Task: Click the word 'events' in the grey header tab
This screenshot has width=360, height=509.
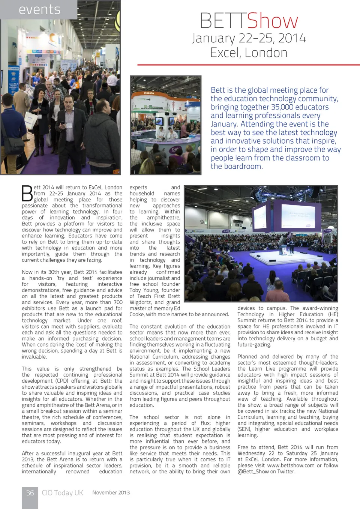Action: coord(39,9)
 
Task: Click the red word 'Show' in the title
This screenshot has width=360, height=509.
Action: coord(273,21)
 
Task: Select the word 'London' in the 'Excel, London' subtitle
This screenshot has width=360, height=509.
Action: coord(266,53)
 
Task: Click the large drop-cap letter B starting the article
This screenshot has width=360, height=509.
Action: coord(27,194)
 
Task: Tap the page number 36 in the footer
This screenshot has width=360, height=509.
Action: coord(30,493)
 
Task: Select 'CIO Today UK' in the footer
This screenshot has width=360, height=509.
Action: coord(62,493)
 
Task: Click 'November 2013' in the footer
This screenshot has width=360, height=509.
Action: coord(111,493)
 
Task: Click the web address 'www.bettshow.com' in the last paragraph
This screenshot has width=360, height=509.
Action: coord(291,465)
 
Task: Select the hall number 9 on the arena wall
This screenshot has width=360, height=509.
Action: coord(202,222)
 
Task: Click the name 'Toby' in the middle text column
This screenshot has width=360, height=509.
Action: coord(136,290)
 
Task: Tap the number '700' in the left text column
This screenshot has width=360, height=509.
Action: coord(118,302)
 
